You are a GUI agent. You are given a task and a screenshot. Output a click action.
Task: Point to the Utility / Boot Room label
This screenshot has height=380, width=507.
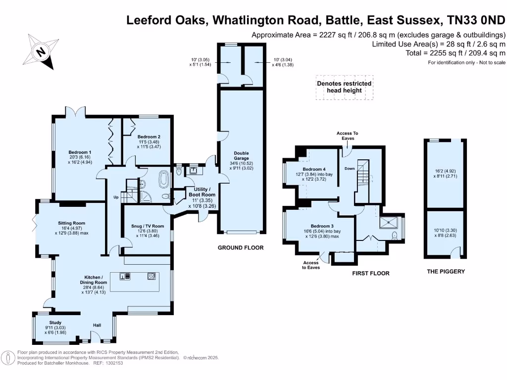pyautogui.click(x=202, y=192)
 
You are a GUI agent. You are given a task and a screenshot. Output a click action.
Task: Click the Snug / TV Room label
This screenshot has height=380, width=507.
pyautogui.click(x=150, y=226)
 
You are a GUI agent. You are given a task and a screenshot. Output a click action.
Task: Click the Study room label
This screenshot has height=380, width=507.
pyautogui.click(x=55, y=322)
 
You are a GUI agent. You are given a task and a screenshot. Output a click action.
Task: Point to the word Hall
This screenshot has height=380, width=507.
pyautogui.click(x=98, y=325)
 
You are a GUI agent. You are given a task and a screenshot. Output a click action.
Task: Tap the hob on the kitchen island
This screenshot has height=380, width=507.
pyautogui.click(x=151, y=276)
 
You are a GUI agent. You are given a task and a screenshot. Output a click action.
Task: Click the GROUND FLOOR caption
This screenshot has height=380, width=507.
pyautogui.click(x=241, y=247)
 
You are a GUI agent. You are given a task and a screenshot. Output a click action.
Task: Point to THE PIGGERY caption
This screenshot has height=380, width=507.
pyautogui.click(x=446, y=272)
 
